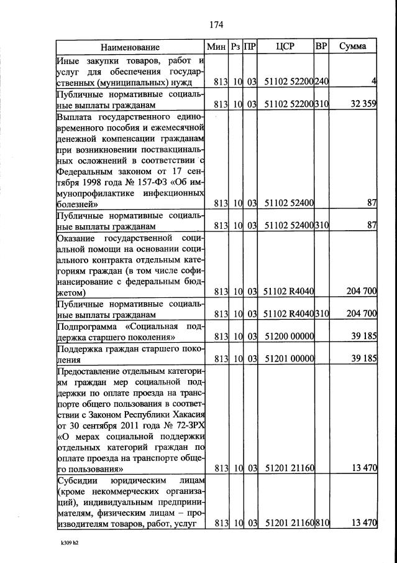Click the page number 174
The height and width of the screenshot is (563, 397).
[x=216, y=26]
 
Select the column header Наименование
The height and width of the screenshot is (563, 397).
[x=130, y=47]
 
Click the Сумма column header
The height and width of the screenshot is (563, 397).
[x=353, y=47]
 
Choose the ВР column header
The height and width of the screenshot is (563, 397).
[x=321, y=47]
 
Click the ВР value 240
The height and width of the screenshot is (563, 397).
[x=322, y=81]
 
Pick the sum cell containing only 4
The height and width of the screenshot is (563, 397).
[x=374, y=81]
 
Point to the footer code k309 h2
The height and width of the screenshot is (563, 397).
[x=63, y=551]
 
